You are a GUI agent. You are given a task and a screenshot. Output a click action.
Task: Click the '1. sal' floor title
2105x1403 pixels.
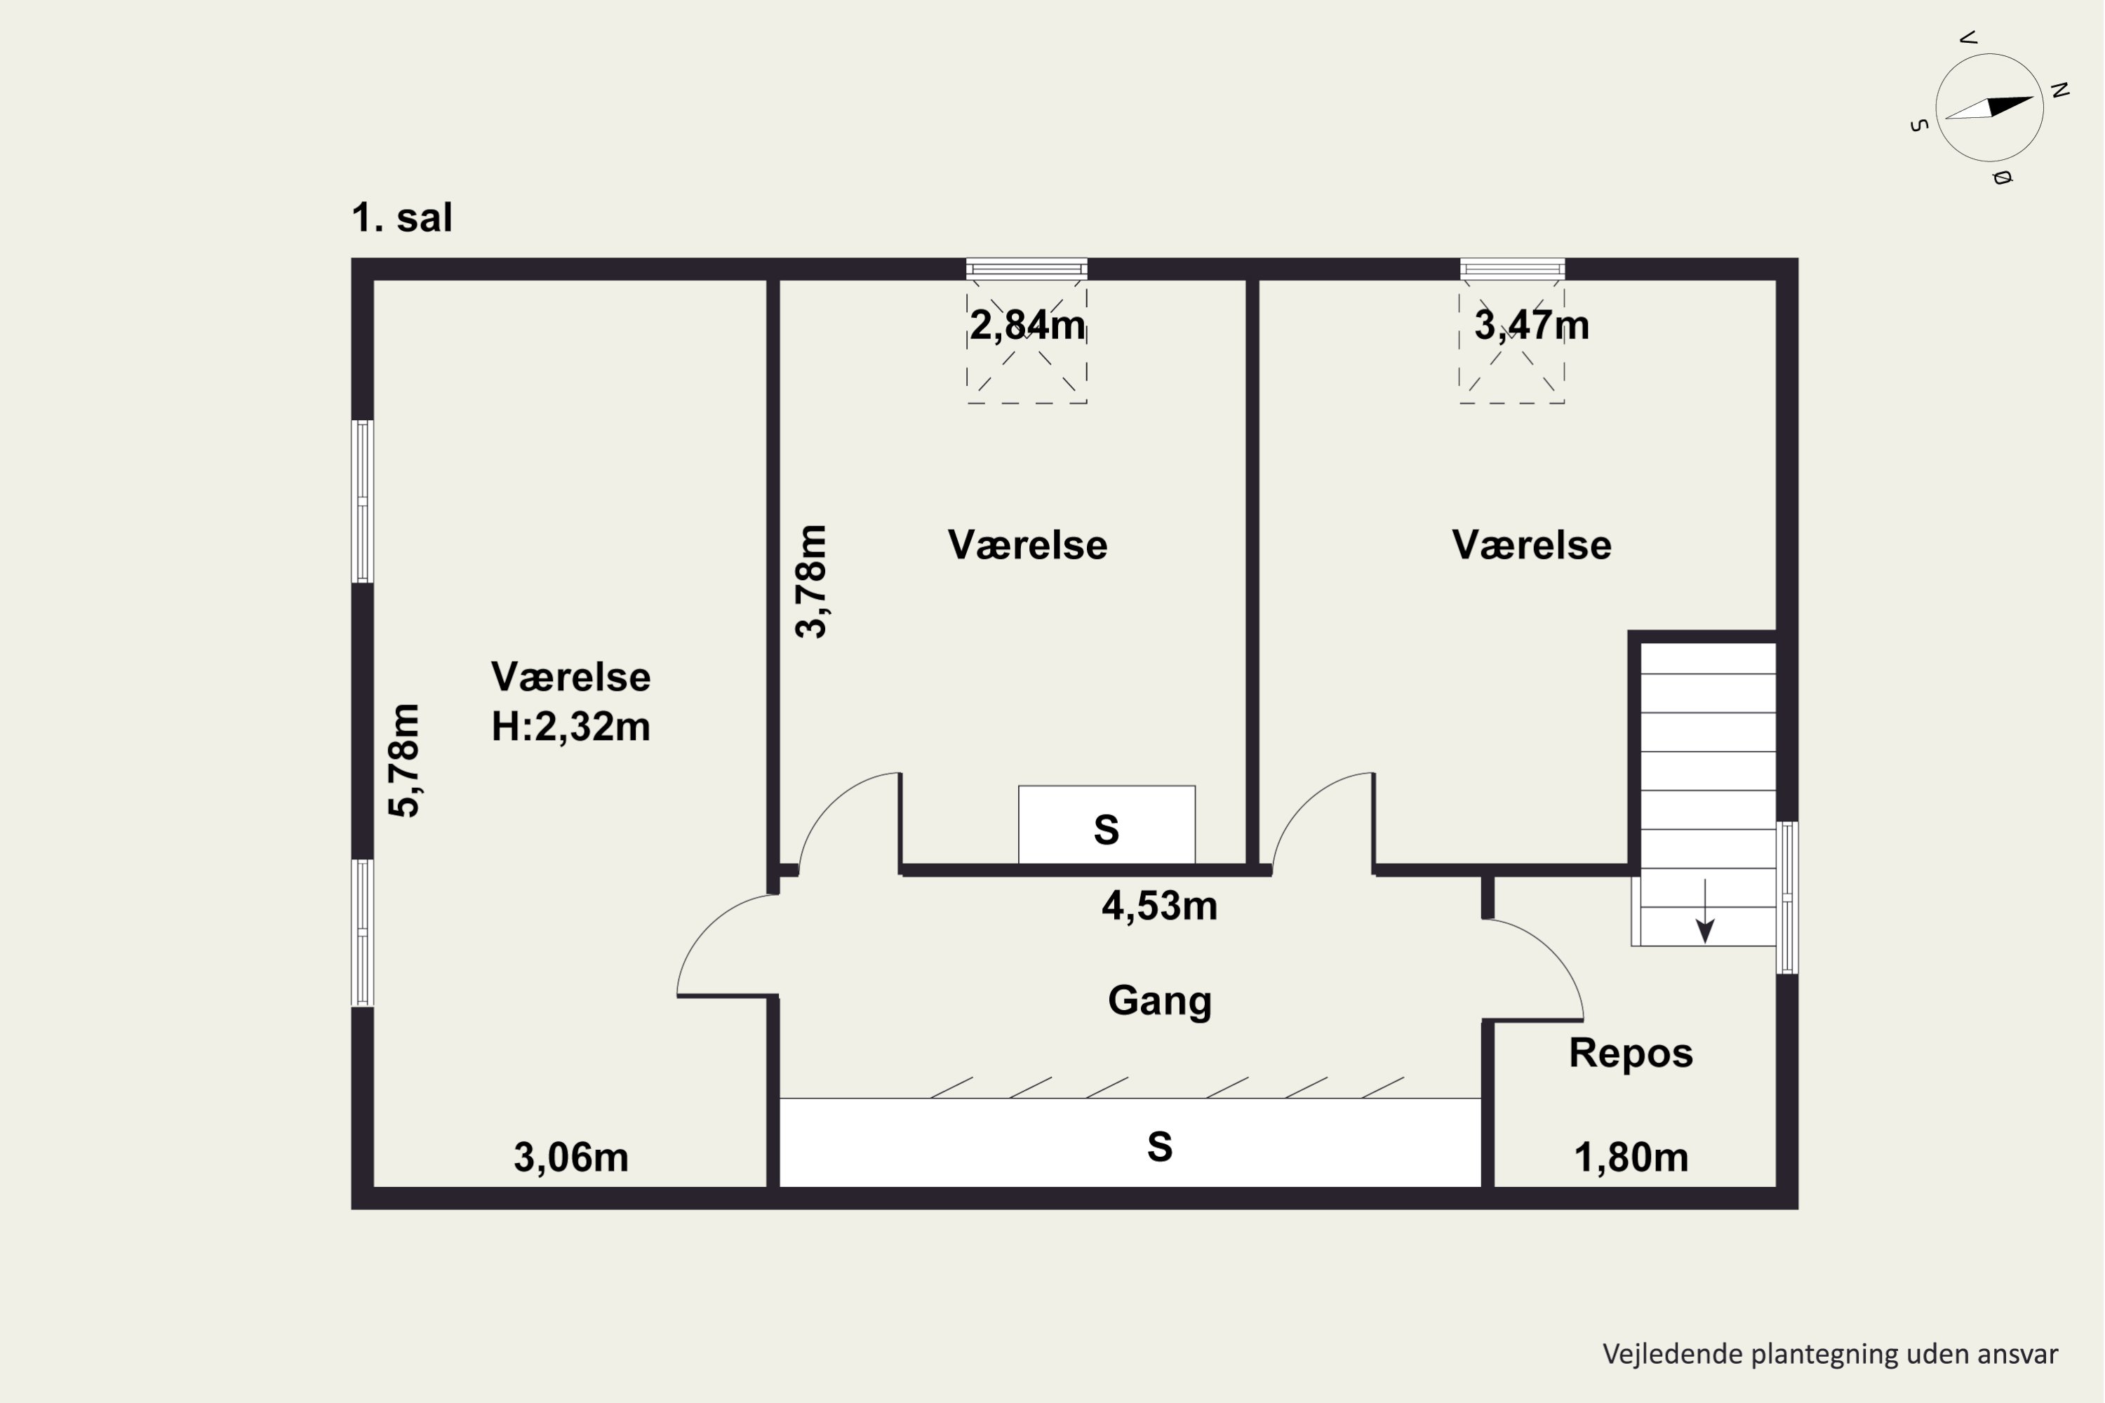(402, 217)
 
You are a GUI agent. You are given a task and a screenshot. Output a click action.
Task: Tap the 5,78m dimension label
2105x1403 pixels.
(405, 761)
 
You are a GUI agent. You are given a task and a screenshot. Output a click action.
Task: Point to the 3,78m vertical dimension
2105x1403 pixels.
(812, 582)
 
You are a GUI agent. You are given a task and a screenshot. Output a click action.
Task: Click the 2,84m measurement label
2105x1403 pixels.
(1027, 325)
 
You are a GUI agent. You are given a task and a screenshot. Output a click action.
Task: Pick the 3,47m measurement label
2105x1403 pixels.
(1531, 325)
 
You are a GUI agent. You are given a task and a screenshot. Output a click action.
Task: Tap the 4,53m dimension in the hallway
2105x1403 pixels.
(1159, 906)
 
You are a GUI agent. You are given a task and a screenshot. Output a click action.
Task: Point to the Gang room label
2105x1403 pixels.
(1159, 1000)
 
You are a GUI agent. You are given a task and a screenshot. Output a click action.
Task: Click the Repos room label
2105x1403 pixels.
(1631, 1053)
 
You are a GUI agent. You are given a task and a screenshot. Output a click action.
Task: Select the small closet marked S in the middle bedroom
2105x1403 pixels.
(1107, 825)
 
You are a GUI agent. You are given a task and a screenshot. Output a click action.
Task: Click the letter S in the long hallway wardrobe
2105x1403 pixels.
(1159, 1147)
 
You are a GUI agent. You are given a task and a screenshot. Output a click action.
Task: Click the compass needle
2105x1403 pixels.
(1989, 107)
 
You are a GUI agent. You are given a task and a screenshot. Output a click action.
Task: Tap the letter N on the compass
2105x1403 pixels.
(2060, 90)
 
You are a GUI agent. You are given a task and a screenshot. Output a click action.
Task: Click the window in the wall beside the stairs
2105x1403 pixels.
(1786, 897)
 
